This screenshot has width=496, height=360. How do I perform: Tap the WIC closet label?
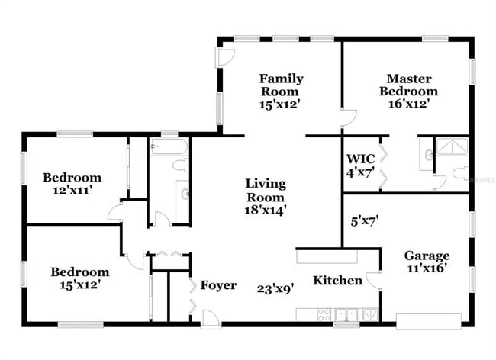360,159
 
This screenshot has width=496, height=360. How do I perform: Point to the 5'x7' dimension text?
365,223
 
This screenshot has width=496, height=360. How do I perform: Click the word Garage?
427,256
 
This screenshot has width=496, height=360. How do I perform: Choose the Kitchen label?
337,281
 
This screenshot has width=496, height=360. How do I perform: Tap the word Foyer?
218,286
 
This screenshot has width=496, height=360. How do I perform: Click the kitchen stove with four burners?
324,313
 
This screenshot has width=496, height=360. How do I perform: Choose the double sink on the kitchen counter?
346,313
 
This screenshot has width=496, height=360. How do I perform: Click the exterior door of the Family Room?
225,56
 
